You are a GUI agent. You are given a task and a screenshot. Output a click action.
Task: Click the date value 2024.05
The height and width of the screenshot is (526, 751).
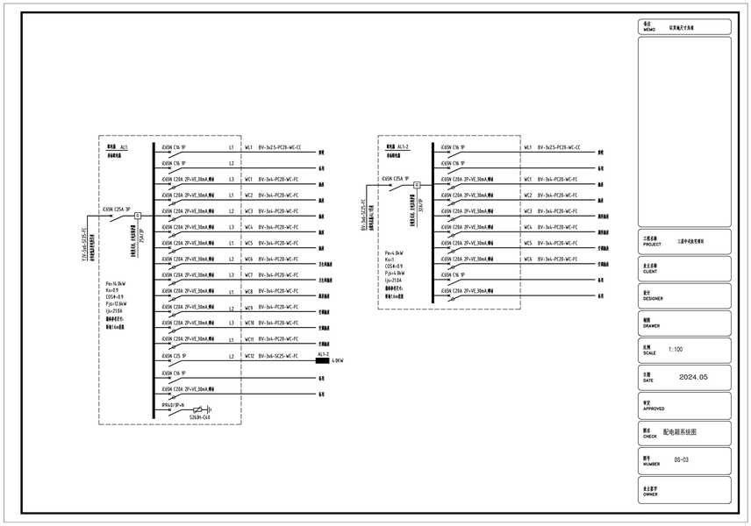692,377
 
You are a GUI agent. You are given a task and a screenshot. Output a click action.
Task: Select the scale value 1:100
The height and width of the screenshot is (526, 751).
676,349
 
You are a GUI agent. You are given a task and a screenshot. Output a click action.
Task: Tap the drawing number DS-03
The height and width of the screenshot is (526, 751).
682,459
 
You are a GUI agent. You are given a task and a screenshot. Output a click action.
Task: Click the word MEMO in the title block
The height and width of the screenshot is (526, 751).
649,30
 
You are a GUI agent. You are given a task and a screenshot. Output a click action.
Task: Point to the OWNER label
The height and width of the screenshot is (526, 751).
650,494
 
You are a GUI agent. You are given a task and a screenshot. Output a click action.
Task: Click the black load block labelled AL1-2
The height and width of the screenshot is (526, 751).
321,360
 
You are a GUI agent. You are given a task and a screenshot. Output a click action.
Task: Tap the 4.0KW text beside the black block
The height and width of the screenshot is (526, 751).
338,360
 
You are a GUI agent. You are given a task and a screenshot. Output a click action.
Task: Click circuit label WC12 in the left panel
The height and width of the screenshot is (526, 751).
249,356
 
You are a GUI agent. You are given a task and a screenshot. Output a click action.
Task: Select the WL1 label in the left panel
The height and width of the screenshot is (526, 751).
248,147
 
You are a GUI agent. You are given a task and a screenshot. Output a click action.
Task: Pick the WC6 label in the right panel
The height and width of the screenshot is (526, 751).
528,259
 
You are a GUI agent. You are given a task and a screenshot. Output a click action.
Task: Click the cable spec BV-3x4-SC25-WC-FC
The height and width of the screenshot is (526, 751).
279,356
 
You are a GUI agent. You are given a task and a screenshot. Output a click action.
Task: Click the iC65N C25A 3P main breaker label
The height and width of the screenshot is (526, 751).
117,210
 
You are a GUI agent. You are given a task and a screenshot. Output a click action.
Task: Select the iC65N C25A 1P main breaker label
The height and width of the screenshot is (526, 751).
392,178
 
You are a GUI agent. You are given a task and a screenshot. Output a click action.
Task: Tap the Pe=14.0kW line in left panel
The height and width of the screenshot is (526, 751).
115,284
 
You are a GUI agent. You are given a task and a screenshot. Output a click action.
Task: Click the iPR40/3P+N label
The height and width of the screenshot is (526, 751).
173,404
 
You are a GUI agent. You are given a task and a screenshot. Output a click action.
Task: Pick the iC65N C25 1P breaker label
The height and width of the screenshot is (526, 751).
173,356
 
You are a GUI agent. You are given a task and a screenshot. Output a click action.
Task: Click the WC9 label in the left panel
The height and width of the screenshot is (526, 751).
249,308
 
